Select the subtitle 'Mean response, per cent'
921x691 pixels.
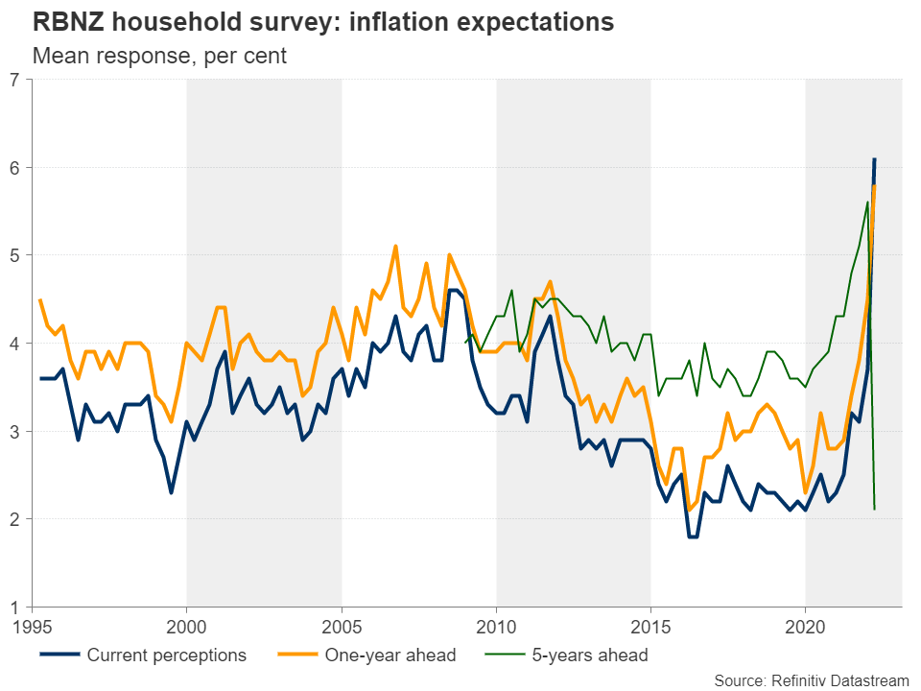(x=159, y=56)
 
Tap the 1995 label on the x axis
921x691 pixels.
(x=33, y=626)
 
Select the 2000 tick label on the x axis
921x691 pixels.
(x=187, y=626)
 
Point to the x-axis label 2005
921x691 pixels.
(x=342, y=626)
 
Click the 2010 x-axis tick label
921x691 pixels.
(x=496, y=626)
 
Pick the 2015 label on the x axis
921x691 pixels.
(x=650, y=626)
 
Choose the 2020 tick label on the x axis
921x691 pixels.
(x=805, y=626)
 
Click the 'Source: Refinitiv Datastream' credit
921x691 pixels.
(x=811, y=679)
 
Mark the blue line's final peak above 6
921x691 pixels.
(x=874, y=158)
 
